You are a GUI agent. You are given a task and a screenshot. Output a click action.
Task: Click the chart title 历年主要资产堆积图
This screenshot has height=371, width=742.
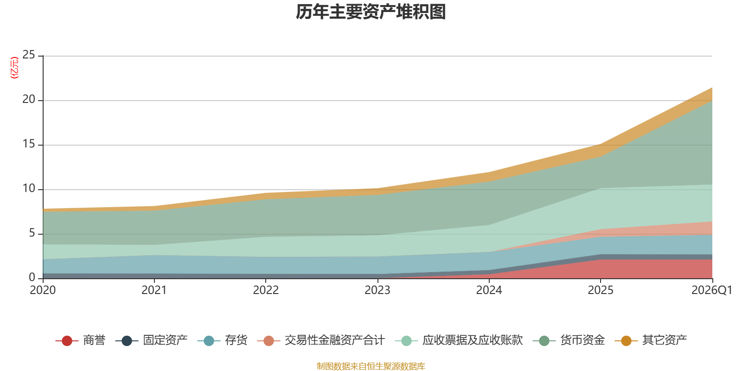click(371, 12)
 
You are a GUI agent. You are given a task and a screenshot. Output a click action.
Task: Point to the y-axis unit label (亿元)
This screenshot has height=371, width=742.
click(14, 68)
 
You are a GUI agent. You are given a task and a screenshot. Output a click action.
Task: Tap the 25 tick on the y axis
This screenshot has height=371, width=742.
click(29, 55)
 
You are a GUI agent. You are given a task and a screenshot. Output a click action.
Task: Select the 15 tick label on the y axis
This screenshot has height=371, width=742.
click(29, 144)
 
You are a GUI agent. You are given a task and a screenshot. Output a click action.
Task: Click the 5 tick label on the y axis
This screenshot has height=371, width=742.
click(32, 233)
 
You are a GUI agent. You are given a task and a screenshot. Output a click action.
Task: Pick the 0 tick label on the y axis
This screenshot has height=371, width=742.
click(32, 277)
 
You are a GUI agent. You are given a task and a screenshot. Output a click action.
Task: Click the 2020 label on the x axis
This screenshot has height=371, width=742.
click(43, 290)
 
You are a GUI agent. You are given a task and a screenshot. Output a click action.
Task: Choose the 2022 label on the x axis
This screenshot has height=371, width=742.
click(266, 290)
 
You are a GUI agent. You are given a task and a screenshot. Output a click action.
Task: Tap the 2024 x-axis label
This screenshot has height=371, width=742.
click(489, 290)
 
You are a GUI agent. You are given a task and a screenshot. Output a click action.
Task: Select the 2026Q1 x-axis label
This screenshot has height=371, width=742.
click(712, 290)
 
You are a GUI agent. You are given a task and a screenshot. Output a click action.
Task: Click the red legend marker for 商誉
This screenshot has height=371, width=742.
click(67, 340)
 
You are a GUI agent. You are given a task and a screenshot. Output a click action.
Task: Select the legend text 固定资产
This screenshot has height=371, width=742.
click(165, 340)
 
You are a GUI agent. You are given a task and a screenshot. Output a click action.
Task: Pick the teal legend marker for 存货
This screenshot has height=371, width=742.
click(209, 340)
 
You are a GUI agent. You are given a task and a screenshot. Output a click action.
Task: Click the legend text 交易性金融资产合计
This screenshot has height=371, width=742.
click(335, 340)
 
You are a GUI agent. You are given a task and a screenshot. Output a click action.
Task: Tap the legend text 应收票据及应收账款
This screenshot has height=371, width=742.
click(473, 340)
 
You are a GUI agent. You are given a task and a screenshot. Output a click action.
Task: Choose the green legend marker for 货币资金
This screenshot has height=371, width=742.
click(544, 340)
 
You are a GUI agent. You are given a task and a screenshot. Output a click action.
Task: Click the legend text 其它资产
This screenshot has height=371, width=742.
click(665, 340)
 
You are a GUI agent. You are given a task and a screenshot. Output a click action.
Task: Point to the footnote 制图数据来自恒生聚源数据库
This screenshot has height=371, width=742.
click(371, 366)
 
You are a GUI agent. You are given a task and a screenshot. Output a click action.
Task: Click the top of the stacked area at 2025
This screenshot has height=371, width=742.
click(601, 144)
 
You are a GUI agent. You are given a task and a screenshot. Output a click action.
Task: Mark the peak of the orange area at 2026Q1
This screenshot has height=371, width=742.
click(712, 88)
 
